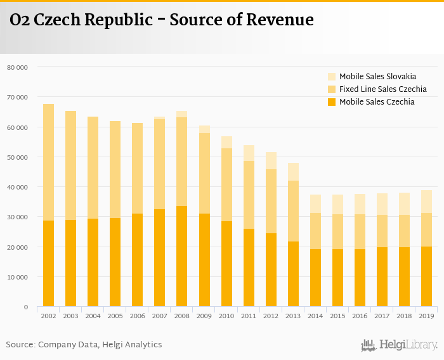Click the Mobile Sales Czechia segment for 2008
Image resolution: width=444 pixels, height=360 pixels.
(x=181, y=256)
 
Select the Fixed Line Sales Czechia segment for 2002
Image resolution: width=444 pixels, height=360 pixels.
(x=48, y=162)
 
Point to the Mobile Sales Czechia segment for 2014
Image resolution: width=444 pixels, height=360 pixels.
(x=315, y=278)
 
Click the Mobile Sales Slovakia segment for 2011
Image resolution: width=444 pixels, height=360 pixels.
(x=249, y=153)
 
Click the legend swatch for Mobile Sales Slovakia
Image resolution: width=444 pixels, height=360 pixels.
(x=332, y=77)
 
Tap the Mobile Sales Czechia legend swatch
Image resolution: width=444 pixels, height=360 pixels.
(x=332, y=102)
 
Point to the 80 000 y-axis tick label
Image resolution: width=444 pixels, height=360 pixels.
(x=17, y=67)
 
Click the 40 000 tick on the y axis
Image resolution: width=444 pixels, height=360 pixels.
(x=17, y=187)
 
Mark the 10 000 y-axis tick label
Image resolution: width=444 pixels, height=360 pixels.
(x=17, y=277)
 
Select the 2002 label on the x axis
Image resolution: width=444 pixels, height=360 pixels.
(x=48, y=315)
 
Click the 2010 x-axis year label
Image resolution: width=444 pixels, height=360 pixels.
(x=226, y=315)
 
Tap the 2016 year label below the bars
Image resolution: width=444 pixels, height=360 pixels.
(x=360, y=315)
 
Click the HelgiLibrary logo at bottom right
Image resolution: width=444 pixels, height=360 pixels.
(x=400, y=345)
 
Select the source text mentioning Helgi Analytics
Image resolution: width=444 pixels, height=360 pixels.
(x=84, y=345)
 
